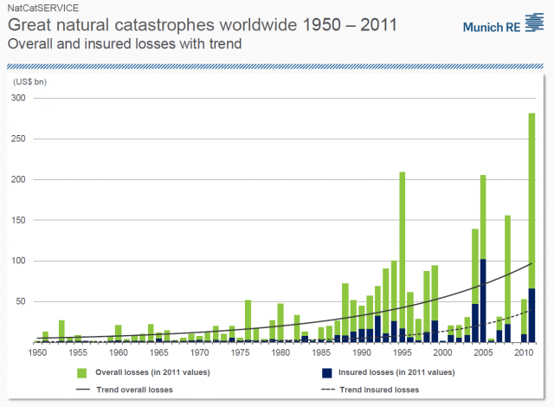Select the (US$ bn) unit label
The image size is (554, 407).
pos(32,81)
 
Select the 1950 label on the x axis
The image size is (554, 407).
pos(37,353)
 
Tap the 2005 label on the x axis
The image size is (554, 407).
pos(482,353)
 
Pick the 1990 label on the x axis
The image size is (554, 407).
pos(361,353)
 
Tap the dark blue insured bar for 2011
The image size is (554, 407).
pos(531,315)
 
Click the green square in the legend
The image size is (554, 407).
pos(82,373)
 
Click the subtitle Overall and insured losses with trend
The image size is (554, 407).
pos(123,42)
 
